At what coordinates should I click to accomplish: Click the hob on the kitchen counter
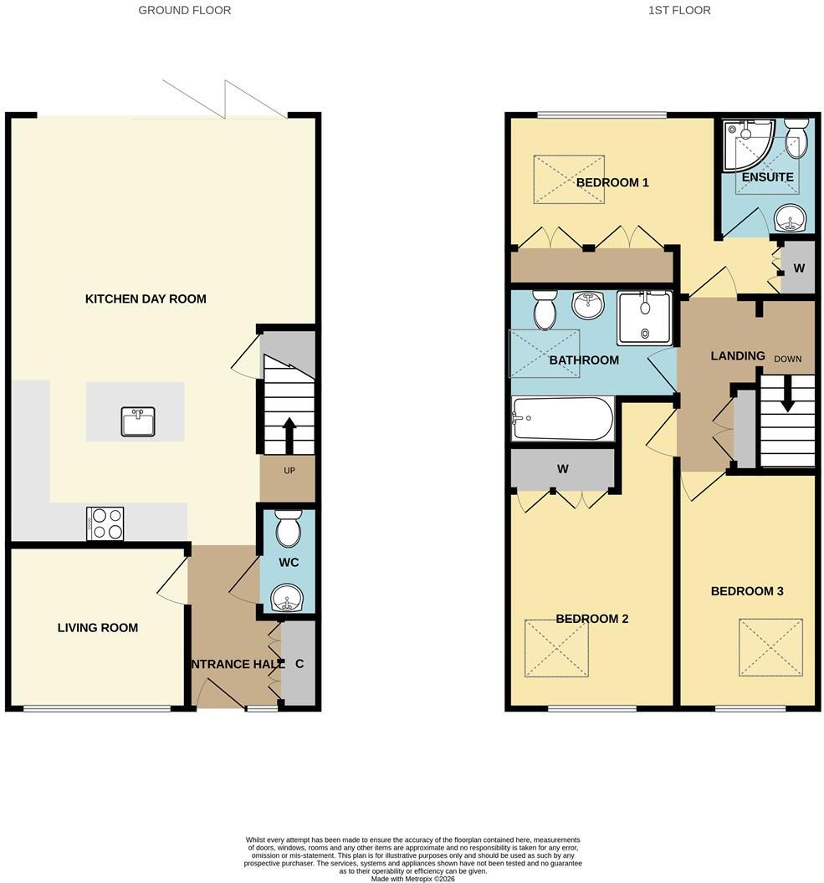click(105, 523)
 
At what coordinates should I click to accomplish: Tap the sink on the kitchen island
click(138, 421)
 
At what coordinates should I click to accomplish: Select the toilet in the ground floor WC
click(289, 528)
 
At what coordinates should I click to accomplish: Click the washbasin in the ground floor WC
click(287, 598)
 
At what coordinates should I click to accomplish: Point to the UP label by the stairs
click(289, 471)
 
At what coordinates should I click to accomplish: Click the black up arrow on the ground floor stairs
click(289, 436)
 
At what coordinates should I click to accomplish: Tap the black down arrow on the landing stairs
click(787, 392)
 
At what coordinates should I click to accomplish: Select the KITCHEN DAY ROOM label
click(146, 299)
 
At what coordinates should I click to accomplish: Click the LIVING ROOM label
click(97, 628)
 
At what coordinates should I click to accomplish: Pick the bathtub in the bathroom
click(563, 418)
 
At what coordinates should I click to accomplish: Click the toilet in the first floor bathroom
click(544, 309)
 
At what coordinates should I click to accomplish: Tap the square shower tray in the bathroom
click(645, 319)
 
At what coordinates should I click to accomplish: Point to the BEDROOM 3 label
click(747, 591)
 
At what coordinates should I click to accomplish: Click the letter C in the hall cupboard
click(299, 664)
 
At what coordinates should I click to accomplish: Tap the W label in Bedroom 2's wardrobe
click(562, 468)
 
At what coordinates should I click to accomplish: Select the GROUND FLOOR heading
click(185, 10)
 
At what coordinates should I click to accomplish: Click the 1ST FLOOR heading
click(679, 10)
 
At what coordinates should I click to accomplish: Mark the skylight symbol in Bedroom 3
click(770, 647)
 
